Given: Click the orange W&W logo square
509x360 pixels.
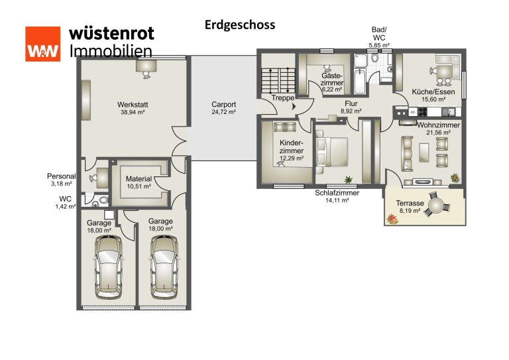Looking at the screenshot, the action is tap(43, 44).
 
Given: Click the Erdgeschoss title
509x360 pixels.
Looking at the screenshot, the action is tap(240, 25).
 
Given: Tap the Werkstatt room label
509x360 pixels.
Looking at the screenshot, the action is tap(133, 105).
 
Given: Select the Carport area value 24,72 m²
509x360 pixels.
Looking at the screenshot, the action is tap(223, 112).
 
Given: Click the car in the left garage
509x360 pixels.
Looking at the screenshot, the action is tap(109, 267).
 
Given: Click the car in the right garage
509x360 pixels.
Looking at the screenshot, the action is tap(164, 267).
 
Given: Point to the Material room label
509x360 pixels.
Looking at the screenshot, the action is tap(139, 179).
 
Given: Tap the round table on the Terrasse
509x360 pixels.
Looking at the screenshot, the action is tap(437, 205).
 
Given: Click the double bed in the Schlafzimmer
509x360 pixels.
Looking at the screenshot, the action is tap(332, 152).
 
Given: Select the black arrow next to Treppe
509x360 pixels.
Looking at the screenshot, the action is tap(294, 106).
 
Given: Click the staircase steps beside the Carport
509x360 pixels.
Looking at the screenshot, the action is tap(278, 81).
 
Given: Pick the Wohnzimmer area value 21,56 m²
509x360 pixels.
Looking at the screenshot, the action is tap(438, 133).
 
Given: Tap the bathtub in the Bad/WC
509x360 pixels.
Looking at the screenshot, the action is tap(360, 81).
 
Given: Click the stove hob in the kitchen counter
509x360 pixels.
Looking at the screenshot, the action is tap(422, 111).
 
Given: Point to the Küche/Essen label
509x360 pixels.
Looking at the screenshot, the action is tap(433, 92).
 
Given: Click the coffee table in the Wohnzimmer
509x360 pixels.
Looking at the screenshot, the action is tap(424, 152).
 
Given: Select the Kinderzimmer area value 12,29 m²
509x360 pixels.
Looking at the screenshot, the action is tap(292, 158).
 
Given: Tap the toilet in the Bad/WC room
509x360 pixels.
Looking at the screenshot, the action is tap(375, 58).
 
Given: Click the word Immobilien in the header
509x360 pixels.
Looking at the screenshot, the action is tap(111, 51).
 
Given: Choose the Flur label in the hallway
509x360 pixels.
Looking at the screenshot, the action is tap(351, 104).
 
